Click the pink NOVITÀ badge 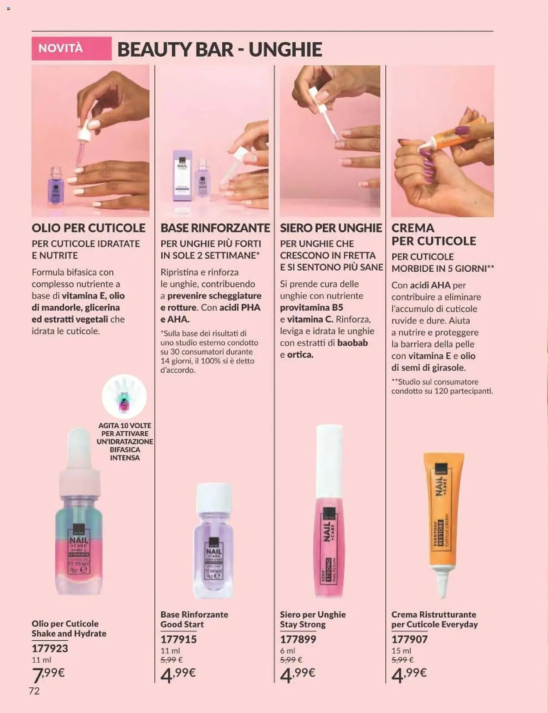(71, 48)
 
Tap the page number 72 (34, 691)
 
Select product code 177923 (50, 648)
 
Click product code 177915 (178, 639)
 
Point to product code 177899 (298, 639)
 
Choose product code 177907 (409, 639)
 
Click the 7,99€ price (48, 674)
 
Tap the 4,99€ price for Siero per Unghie (298, 674)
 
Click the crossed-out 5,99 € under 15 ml (403, 660)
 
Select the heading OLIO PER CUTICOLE (88, 228)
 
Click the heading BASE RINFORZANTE (215, 228)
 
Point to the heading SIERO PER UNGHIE (331, 228)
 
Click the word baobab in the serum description (352, 343)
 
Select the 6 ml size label (287, 651)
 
